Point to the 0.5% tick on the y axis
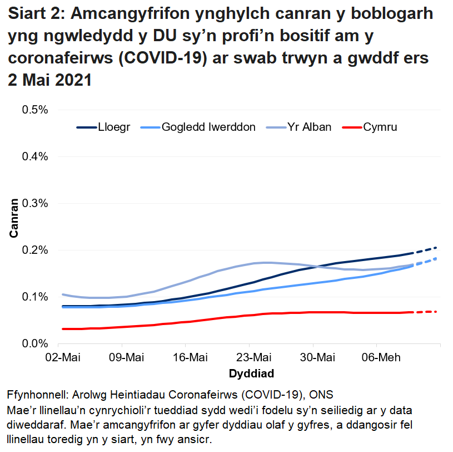tap(34, 110)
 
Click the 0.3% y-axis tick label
tap(34, 203)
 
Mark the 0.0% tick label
tap(34, 344)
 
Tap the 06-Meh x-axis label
tap(377, 357)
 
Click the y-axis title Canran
tap(14, 218)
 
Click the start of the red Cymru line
tap(63, 329)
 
